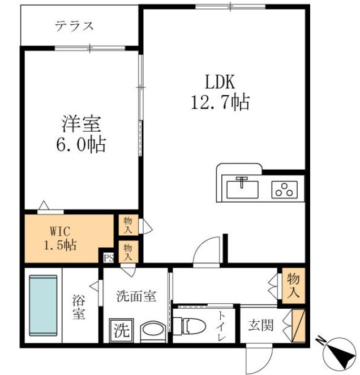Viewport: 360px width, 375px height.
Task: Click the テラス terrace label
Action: tap(74, 26)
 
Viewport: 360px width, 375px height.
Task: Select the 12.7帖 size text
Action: tap(220, 103)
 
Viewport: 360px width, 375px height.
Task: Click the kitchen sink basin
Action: tap(242, 188)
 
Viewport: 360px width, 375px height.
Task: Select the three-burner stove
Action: tap(284, 189)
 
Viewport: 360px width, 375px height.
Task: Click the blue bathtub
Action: tap(44, 306)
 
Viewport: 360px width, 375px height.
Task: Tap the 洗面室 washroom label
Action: tap(136, 296)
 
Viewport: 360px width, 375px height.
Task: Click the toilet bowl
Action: tap(190, 326)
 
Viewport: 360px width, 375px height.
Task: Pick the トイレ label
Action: tap(221, 326)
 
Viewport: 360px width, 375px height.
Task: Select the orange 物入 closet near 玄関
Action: tap(293, 286)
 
